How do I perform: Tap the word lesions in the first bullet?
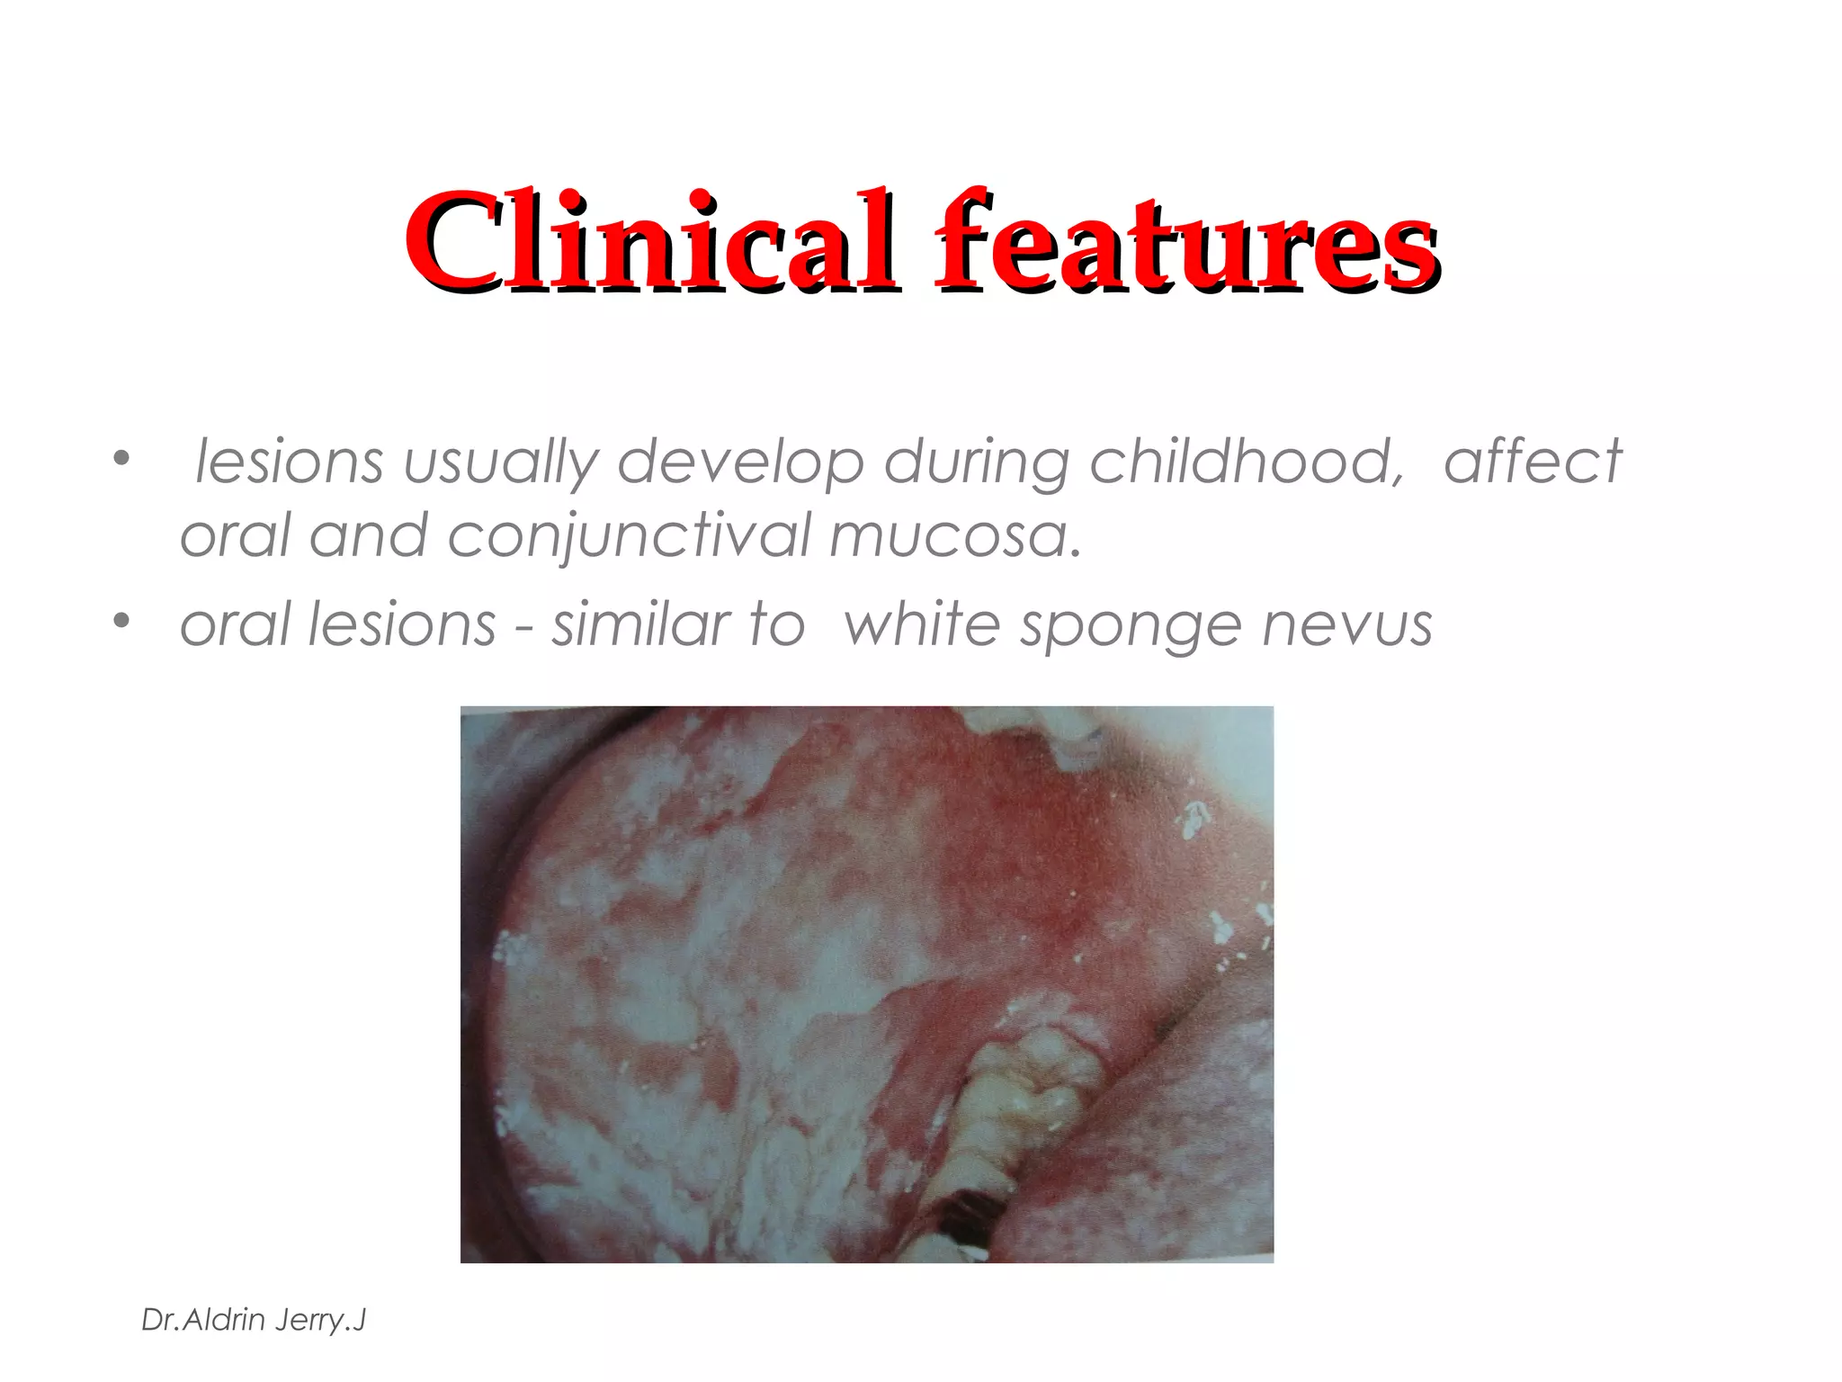point(289,462)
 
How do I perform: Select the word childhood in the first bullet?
point(1247,462)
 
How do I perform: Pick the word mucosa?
point(955,536)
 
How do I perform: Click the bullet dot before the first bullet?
point(121,459)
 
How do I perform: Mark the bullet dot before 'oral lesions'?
point(121,621)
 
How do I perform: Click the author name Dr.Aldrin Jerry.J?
point(254,1320)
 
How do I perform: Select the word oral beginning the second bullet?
point(236,624)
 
